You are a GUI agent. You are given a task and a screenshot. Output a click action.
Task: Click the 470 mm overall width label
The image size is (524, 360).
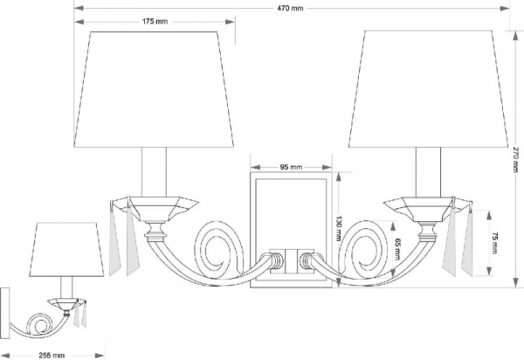click(x=290, y=8)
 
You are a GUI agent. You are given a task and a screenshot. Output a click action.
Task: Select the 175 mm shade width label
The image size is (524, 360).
click(x=155, y=21)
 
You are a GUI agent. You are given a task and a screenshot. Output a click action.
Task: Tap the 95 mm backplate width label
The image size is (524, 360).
click(x=291, y=167)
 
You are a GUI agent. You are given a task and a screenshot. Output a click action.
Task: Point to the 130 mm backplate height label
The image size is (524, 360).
click(x=339, y=229)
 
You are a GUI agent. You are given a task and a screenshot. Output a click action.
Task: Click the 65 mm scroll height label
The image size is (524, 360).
click(x=397, y=249)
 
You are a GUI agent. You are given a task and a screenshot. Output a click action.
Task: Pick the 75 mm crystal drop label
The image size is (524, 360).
click(x=495, y=243)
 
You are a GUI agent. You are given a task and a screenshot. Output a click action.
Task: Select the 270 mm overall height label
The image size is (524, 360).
click(x=514, y=159)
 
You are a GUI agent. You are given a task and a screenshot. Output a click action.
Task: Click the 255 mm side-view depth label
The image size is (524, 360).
click(x=52, y=356)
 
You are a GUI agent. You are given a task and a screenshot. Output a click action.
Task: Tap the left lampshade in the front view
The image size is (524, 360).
click(x=154, y=90)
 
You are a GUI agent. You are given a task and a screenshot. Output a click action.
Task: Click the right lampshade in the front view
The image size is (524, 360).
click(x=429, y=89)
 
